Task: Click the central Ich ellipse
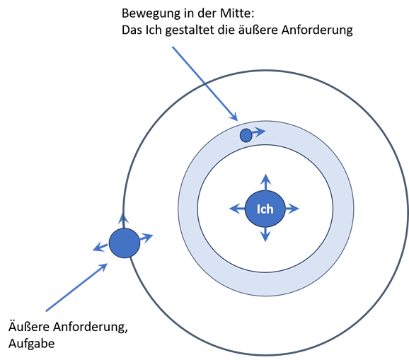265,209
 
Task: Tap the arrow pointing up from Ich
265,182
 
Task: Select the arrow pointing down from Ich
265,234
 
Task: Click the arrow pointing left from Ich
237,209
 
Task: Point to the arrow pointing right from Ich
292,209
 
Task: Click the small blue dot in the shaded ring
246,135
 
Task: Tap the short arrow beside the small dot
259,132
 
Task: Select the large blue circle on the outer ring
125,243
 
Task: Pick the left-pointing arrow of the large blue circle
100,247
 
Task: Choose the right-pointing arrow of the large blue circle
146,238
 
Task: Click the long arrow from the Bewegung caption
204,83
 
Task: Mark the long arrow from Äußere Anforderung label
76,287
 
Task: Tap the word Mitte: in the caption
237,13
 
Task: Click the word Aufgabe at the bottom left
32,344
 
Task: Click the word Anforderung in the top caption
317,30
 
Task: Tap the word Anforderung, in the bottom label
91,327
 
